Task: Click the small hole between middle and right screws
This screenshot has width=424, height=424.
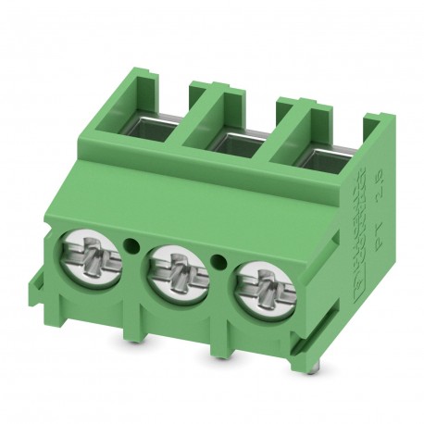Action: click(220, 258)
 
